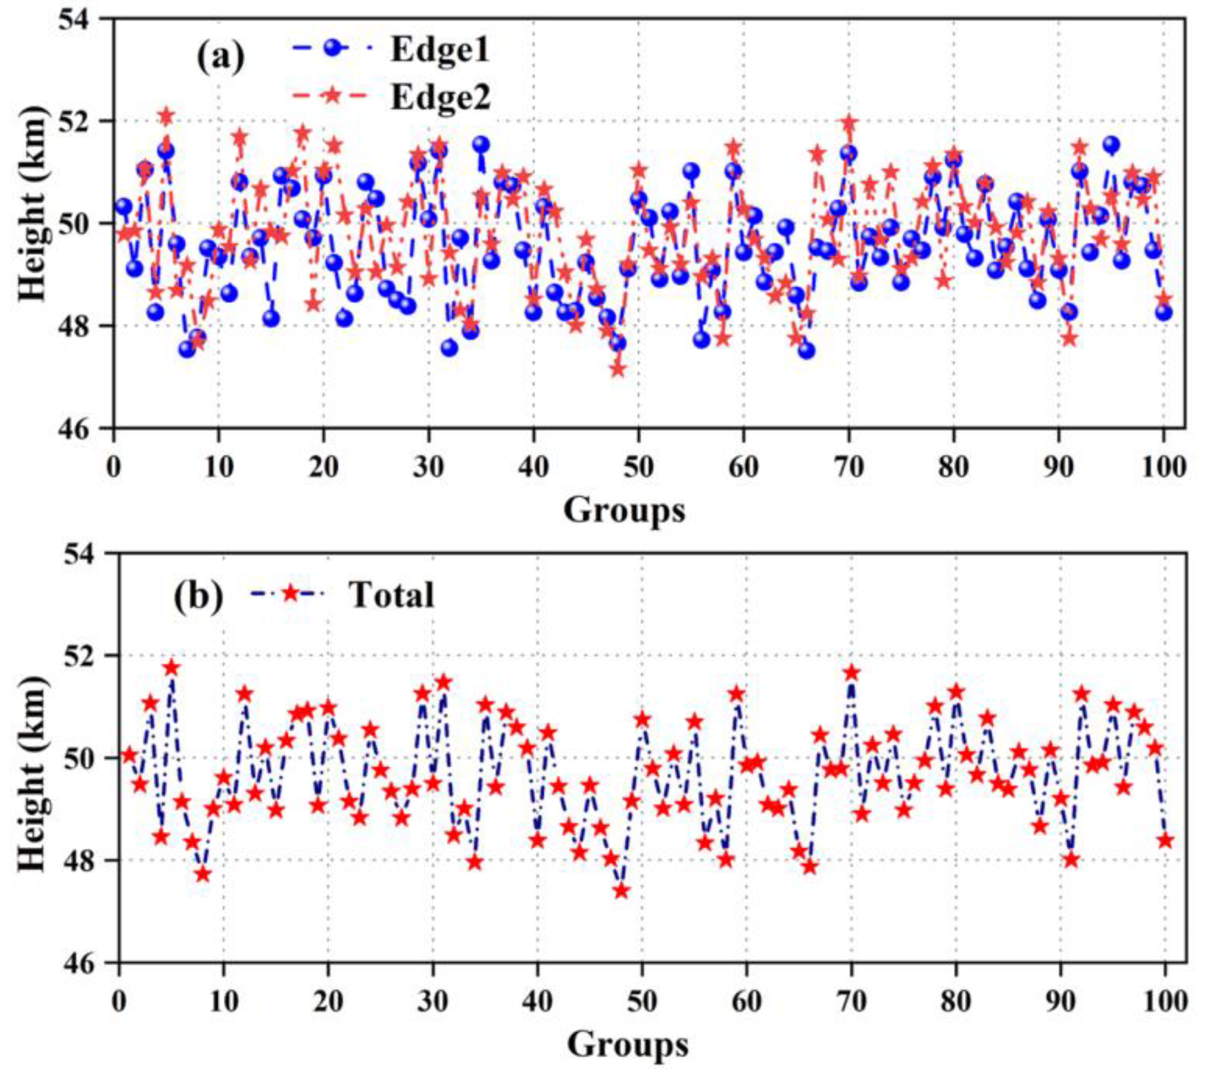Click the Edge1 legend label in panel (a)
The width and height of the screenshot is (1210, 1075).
pos(440,52)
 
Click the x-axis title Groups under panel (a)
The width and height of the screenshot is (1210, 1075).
pos(624,509)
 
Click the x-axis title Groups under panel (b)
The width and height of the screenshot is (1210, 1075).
pos(627,1045)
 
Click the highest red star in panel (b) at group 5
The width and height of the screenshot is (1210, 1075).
pos(172,668)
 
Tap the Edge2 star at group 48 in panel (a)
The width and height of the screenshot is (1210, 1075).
pos(617,369)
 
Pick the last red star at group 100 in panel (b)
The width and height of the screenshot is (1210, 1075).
pos(1165,841)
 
